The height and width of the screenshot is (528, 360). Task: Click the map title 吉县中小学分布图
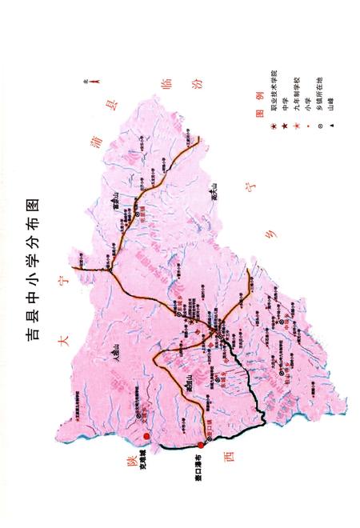pos(31,264)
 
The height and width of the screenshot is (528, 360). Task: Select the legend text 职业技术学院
pos(274,96)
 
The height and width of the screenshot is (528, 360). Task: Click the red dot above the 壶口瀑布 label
pos(201,446)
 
